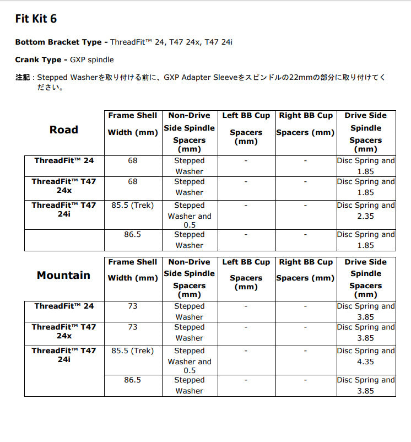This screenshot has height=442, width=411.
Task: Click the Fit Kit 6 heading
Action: [x=36, y=19]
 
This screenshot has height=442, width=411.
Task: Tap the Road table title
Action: [x=64, y=130]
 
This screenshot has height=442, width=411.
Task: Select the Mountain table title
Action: [x=63, y=275]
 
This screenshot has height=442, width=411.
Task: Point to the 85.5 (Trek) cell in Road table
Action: [x=133, y=206]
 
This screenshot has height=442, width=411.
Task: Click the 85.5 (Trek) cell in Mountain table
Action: [x=133, y=351]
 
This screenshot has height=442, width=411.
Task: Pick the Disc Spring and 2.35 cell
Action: [x=366, y=211]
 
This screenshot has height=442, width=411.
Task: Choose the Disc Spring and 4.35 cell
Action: [x=366, y=356]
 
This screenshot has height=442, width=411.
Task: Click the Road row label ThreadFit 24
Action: [x=64, y=161]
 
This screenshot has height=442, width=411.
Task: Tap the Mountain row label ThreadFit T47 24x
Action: [x=64, y=331]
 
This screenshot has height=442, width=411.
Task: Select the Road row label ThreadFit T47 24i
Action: [x=64, y=209]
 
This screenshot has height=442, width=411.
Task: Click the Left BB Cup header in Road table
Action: [x=246, y=128]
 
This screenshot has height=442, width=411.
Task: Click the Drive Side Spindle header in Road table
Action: [x=366, y=132]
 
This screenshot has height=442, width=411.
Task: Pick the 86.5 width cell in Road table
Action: [x=133, y=235]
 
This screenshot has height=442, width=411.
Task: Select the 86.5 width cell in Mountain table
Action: [x=133, y=380]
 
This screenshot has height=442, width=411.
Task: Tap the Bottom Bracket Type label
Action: [x=58, y=42]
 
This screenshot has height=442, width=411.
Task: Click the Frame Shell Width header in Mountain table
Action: [x=133, y=270]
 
